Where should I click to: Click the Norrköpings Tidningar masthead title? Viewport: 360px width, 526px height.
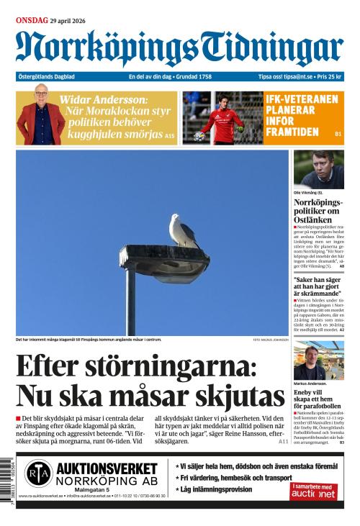coord(179,48)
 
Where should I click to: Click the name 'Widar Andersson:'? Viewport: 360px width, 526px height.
coord(103,99)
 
